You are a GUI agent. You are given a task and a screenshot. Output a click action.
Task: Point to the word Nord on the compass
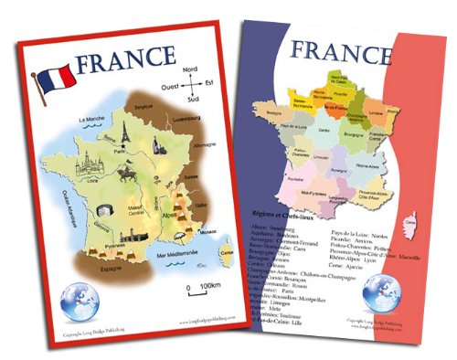tap(190, 69)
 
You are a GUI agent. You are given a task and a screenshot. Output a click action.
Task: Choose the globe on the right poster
tap(379, 292)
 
